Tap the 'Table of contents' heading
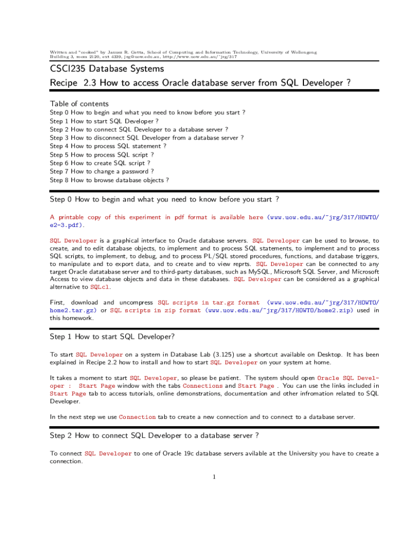click(x=79, y=104)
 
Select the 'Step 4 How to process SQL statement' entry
click(x=108, y=146)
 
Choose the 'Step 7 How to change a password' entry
click(x=102, y=171)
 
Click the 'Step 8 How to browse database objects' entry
click(x=109, y=180)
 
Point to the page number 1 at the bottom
click(x=213, y=477)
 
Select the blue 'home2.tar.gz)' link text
click(x=73, y=310)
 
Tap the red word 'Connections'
click(x=203, y=386)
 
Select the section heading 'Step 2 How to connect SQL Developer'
click(x=155, y=435)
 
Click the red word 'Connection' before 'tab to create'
click(x=137, y=417)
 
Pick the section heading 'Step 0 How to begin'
click(x=164, y=199)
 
